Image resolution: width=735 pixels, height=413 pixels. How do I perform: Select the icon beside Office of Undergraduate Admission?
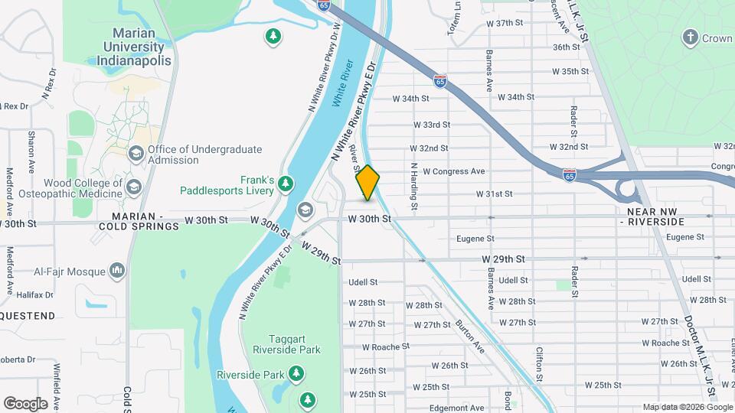click(136, 154)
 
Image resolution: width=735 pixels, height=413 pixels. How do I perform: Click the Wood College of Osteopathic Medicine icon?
click(134, 187)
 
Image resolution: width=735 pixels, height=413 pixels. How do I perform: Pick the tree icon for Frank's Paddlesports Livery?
click(286, 184)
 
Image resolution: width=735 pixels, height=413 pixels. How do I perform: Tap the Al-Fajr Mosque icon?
click(117, 270)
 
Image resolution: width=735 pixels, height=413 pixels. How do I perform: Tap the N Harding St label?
click(413, 186)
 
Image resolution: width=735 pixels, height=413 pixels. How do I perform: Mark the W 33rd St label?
click(431, 125)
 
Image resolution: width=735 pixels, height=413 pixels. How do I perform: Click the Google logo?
click(25, 403)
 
